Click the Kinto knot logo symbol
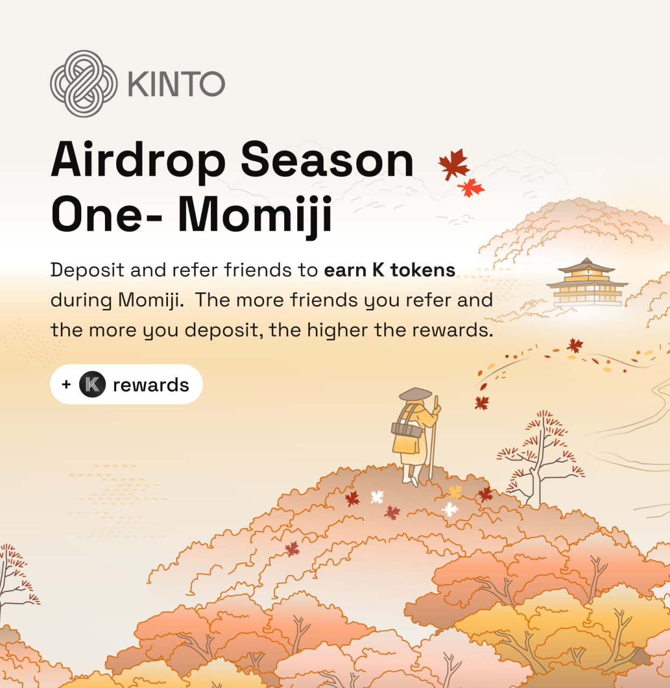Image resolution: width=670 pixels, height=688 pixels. tap(83, 83)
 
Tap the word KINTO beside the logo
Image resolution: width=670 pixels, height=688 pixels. tap(177, 84)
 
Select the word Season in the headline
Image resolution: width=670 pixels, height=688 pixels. tap(327, 160)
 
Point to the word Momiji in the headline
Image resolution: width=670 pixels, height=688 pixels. tap(255, 214)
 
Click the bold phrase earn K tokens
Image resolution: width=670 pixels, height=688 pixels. tap(390, 270)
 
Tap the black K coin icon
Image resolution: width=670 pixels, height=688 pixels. tap(93, 384)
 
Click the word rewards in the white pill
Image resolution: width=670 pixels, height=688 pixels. tap(151, 385)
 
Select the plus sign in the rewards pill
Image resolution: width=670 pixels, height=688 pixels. tap(66, 384)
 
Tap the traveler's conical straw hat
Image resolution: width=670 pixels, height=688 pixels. tap(415, 394)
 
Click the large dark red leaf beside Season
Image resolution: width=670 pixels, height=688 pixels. tap(453, 164)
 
